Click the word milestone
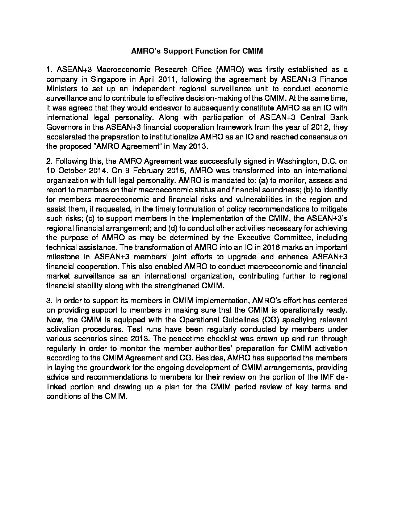click(x=63, y=257)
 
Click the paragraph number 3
click(x=49, y=301)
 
